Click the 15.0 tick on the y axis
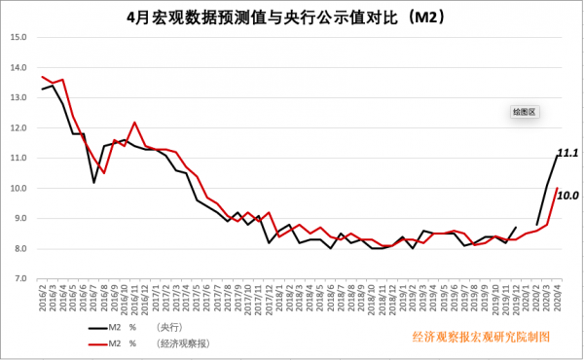tap(18, 38)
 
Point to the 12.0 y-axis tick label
tap(18, 127)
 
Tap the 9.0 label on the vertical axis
tap(18, 218)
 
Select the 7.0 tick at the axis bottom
tap(18, 278)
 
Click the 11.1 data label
tap(567, 154)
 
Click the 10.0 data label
tap(567, 196)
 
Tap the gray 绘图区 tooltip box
tap(525, 112)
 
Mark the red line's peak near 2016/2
tap(43, 76)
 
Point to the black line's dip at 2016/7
tap(94, 182)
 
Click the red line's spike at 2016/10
tap(134, 123)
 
